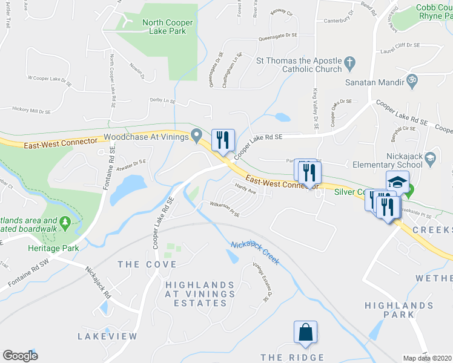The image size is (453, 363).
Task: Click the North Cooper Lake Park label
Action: [168, 27]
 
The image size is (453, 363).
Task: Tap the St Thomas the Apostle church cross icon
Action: [349, 62]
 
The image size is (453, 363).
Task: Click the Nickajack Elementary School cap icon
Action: [431, 159]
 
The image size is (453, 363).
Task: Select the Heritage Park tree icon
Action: [65, 224]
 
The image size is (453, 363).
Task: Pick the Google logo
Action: [20, 356]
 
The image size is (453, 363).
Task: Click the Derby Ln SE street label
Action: [163, 100]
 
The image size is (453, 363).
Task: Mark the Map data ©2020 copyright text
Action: [428, 358]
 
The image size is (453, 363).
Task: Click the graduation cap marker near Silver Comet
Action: [397, 181]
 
